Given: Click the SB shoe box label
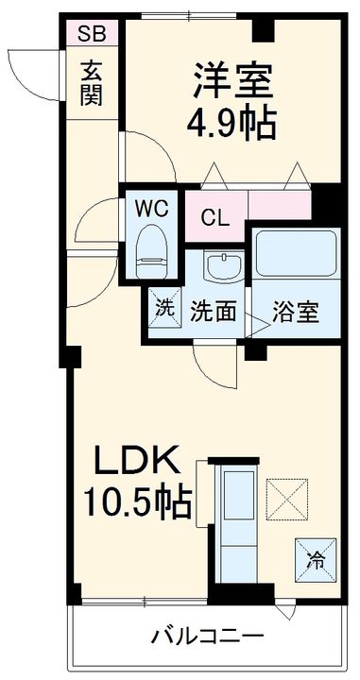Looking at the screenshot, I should [92, 35].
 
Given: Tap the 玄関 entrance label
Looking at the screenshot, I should [92, 83].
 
